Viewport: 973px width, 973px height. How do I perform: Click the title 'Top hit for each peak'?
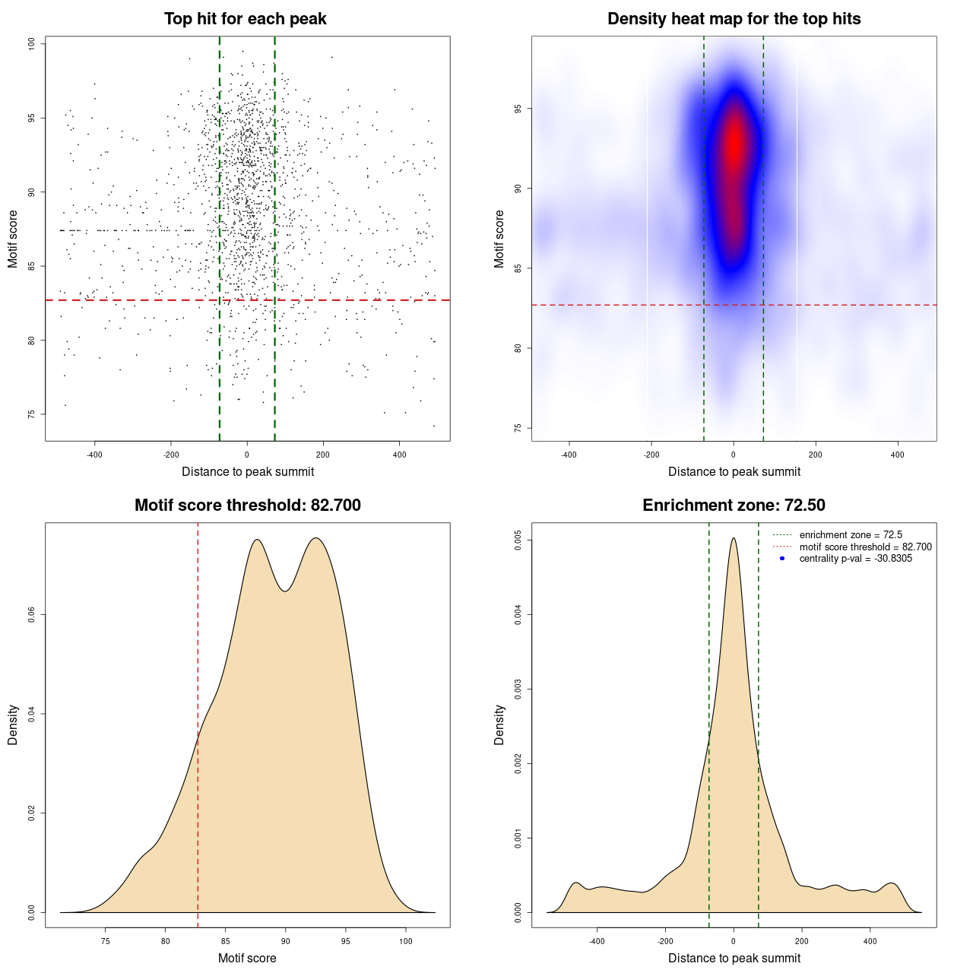[x=246, y=19]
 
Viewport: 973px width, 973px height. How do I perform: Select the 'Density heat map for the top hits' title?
[x=734, y=19]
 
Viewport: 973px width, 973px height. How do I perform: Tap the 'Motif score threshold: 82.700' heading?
[x=247, y=506]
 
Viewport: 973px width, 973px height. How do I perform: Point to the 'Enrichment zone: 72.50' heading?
[x=734, y=506]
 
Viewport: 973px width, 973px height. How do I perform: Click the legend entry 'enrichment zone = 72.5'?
[x=851, y=535]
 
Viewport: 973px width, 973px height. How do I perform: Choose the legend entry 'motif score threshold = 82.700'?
[x=865, y=547]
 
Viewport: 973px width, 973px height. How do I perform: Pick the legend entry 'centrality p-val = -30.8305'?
[x=855, y=559]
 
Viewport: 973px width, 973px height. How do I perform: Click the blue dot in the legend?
[x=782, y=559]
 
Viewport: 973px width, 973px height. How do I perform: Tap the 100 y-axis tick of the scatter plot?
[x=32, y=44]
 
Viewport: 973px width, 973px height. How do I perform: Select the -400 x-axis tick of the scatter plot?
[x=95, y=455]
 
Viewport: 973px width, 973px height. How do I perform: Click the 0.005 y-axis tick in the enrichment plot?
[x=518, y=540]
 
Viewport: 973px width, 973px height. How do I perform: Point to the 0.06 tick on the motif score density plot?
[x=32, y=615]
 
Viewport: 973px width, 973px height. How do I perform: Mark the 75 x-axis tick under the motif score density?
[x=106, y=941]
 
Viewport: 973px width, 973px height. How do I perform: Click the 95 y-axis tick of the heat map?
[x=518, y=109]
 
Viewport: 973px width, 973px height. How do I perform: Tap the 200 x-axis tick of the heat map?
[x=816, y=455]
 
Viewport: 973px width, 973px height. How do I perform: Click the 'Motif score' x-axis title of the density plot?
[x=247, y=958]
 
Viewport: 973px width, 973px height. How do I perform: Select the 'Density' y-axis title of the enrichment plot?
[x=499, y=724]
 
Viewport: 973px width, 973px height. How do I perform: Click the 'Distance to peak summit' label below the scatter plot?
[x=248, y=471]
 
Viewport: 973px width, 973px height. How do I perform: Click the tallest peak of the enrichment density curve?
[x=734, y=539]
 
